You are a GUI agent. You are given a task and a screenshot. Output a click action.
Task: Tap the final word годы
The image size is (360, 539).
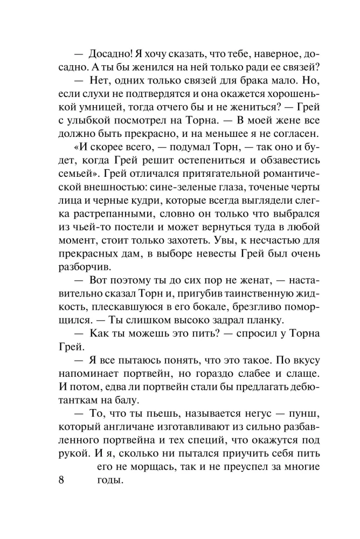110,481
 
